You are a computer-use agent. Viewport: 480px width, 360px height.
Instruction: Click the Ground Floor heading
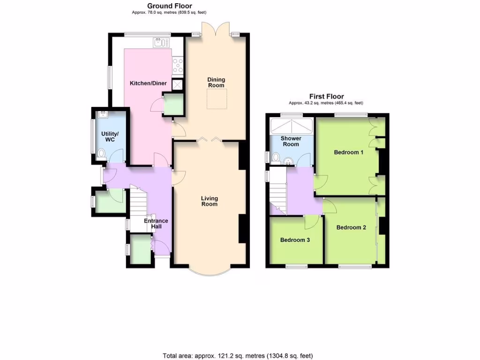(170, 6)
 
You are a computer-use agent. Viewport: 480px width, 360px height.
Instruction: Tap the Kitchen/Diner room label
(148, 83)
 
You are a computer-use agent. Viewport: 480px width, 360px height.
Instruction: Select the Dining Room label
(216, 82)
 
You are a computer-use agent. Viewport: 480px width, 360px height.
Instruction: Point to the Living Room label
(210, 201)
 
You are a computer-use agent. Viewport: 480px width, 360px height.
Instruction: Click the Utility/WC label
(110, 137)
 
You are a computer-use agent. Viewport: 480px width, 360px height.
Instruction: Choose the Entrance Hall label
(156, 224)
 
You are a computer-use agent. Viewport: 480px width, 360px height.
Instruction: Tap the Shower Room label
(291, 142)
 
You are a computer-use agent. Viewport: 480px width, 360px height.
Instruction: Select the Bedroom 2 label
(351, 228)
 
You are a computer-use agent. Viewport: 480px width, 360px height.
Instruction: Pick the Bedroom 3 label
(295, 240)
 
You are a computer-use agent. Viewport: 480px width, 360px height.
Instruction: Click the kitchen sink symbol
(160, 43)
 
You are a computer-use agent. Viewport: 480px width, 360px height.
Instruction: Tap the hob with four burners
(178, 65)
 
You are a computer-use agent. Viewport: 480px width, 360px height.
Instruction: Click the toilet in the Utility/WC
(102, 154)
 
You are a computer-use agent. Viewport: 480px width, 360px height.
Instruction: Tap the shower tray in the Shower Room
(291, 126)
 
